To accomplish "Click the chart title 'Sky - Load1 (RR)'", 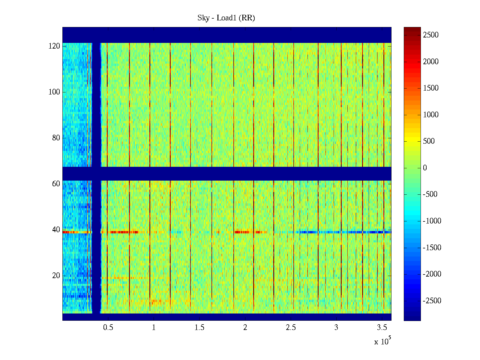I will pos(226,18).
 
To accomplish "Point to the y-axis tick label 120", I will pos(54,46).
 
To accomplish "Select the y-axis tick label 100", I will pos(54,92).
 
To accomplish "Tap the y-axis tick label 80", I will pos(56,138).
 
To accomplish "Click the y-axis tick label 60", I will pos(56,184).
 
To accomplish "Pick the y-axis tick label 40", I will pos(56,230).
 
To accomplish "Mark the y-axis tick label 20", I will pos(56,276).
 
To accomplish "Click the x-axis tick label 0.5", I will pos(108,328).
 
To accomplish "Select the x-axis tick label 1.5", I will pos(199,328).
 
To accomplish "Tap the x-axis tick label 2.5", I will pos(291,328).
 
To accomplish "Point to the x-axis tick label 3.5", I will pos(382,328).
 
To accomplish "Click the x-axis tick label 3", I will pos(336,328).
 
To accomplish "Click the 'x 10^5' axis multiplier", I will pos(382,341).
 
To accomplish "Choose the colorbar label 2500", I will pos(431,35).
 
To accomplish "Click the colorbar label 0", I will pos(425,168).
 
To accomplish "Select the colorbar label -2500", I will pos(432,301).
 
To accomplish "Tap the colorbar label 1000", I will pos(431,115).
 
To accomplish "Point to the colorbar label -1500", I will pos(432,248).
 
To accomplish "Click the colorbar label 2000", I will pos(431,62).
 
